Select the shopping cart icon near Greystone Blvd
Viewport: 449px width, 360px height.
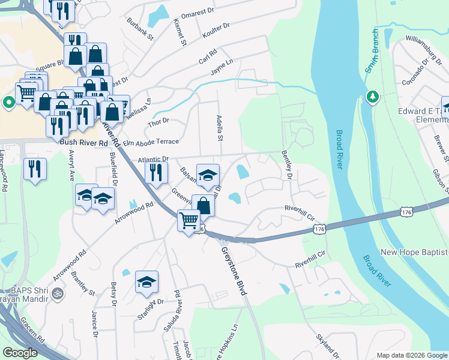pyautogui.click(x=188, y=221)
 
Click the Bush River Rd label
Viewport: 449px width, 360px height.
pyautogui.click(x=83, y=144)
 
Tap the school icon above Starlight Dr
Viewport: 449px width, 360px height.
pyautogui.click(x=146, y=284)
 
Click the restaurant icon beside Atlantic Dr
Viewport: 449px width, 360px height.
pyautogui.click(x=155, y=175)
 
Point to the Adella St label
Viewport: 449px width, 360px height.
pyautogui.click(x=220, y=128)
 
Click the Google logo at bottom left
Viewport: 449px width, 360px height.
pyautogui.click(x=20, y=353)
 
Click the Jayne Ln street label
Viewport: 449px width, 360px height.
pyautogui.click(x=221, y=71)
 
